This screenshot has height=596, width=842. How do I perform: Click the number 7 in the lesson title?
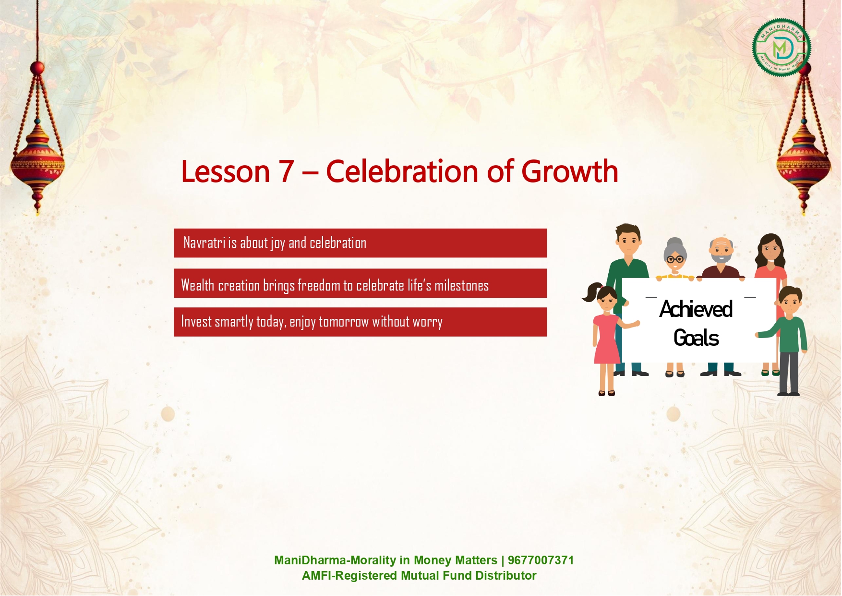click(286, 172)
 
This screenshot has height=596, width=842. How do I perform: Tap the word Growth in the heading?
click(570, 171)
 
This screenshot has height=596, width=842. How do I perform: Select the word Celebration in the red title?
click(402, 171)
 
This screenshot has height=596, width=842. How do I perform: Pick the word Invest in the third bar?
click(196, 321)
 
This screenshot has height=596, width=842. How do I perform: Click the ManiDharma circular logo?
click(782, 48)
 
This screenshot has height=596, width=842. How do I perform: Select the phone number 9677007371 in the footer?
click(541, 560)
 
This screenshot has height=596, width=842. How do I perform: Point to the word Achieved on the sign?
click(696, 309)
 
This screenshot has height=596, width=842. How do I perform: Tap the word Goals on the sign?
click(696, 338)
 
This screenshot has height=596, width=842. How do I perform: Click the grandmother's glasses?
click(675, 259)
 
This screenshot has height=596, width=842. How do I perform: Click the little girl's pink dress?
click(607, 339)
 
